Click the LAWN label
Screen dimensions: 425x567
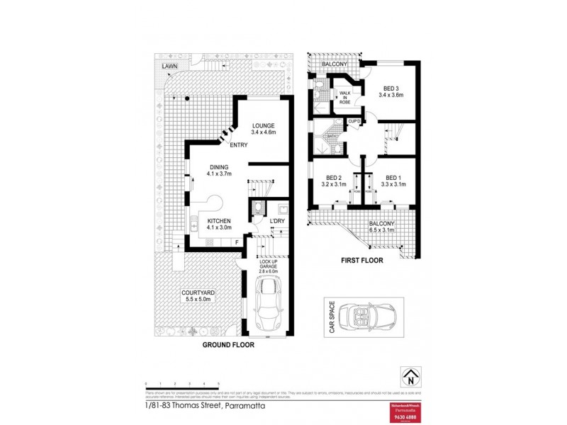pos(169,66)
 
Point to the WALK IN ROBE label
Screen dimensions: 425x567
pos(345,98)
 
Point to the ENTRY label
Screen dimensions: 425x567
pos(238,145)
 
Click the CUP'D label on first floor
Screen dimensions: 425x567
pos(354,122)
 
